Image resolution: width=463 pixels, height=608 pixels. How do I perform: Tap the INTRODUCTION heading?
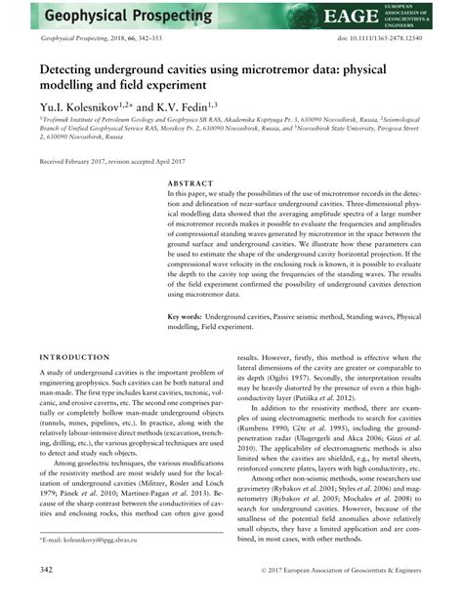pos(74,358)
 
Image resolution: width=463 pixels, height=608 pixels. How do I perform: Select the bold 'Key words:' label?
pos(186,317)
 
